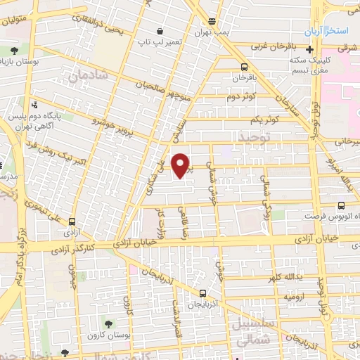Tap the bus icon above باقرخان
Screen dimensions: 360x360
[236, 68]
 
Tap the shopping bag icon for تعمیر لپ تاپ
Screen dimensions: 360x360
[161, 32]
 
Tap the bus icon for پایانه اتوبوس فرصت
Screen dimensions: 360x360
[341, 205]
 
